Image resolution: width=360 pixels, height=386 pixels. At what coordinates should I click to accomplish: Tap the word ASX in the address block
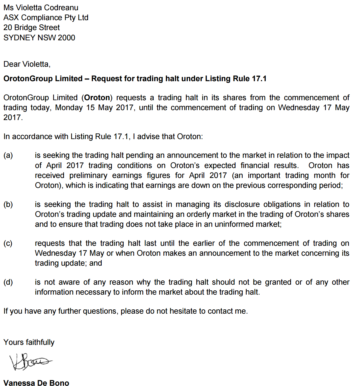pyautogui.click(x=11, y=18)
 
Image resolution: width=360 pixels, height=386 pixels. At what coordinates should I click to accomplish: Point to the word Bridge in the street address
pyautogui.click(x=25, y=28)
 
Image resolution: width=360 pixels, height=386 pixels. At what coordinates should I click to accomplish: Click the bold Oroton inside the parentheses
pyautogui.click(x=97, y=98)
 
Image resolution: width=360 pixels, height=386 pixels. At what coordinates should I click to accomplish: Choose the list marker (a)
pyautogui.click(x=8, y=156)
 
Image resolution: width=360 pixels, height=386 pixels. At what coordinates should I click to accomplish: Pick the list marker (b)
pyautogui.click(x=8, y=205)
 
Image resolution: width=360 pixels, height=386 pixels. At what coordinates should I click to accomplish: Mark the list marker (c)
pyautogui.click(x=8, y=244)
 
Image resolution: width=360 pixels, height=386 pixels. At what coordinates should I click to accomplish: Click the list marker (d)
pyautogui.click(x=8, y=282)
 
